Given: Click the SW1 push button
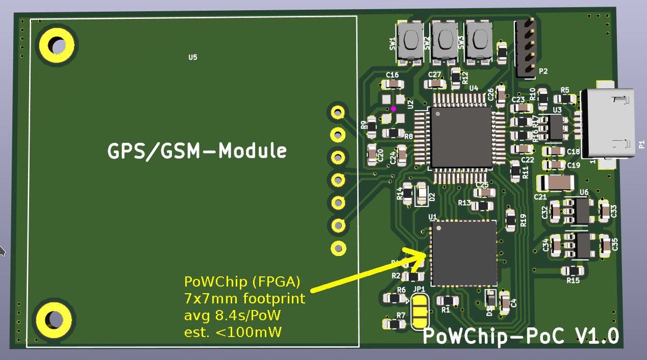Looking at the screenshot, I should [x=409, y=43].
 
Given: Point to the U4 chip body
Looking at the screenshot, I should [x=460, y=136].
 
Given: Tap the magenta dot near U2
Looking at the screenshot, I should [x=394, y=109].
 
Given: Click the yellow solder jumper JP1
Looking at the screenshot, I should [x=419, y=311].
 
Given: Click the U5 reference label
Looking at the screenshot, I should [x=192, y=57].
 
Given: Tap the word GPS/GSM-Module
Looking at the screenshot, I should [x=197, y=151].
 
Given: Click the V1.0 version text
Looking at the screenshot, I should [x=597, y=336].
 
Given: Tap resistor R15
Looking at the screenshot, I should [x=573, y=271].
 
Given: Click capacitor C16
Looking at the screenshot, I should [x=392, y=84].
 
